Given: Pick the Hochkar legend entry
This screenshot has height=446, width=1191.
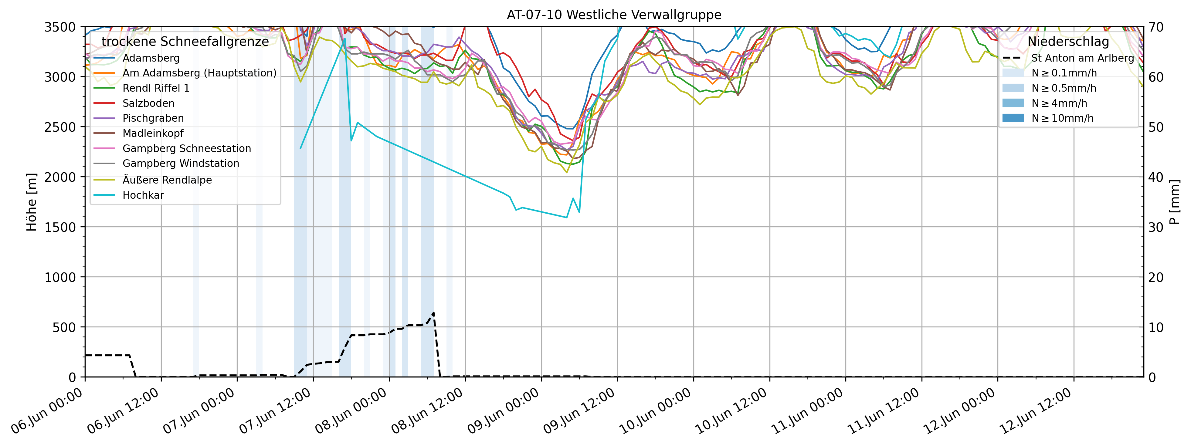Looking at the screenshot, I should (x=143, y=195).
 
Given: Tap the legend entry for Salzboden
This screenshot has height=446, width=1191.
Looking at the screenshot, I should (x=148, y=103).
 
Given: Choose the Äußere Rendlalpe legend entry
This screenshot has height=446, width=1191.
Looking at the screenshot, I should (x=167, y=180).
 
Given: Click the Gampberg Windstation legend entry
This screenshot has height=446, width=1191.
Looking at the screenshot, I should (x=181, y=163).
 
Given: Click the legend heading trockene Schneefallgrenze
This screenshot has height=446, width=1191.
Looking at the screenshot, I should (x=185, y=42).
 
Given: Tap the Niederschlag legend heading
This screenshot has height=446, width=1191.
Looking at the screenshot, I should (x=1068, y=42).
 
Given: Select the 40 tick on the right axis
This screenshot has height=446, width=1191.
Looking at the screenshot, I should (x=1156, y=177).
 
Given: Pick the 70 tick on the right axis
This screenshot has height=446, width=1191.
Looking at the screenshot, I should (x=1156, y=27).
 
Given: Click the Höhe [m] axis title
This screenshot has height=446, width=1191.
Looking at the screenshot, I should (x=32, y=202).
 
